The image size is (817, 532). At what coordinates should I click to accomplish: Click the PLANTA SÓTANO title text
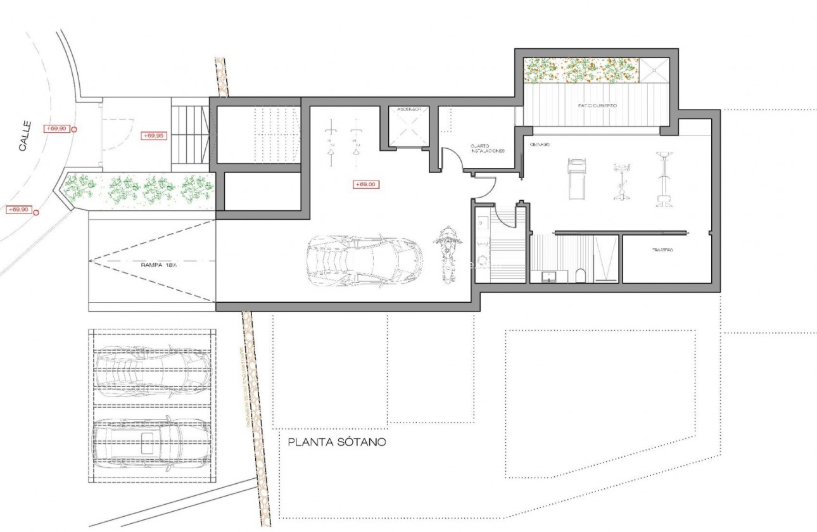[336, 442]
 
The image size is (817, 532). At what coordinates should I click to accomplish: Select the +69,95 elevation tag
[153, 136]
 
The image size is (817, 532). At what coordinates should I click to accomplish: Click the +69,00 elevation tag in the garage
[365, 185]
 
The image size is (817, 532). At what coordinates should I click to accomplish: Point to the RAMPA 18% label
[159, 266]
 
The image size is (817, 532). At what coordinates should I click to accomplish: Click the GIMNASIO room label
[540, 145]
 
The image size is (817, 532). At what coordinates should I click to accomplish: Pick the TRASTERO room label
[662, 251]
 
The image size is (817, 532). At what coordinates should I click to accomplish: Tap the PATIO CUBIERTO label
[596, 106]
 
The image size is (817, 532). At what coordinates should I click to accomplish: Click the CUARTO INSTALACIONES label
[487, 149]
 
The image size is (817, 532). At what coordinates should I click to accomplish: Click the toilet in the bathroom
[580, 275]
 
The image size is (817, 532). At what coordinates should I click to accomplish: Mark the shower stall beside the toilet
[605, 258]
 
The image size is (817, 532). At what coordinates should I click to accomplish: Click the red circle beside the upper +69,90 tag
[75, 130]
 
